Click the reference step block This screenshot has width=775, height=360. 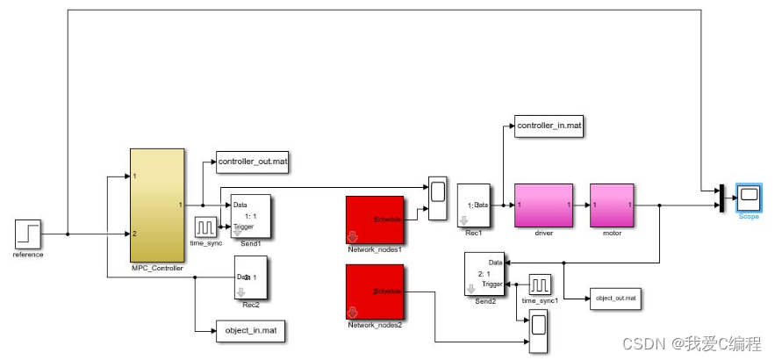pyautogui.click(x=28, y=234)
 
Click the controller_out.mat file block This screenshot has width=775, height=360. pyautogui.click(x=254, y=162)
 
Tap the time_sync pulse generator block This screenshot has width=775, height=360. pyautogui.click(x=205, y=226)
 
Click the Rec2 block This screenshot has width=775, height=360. pyautogui.click(x=250, y=277)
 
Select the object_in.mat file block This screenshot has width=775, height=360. pyautogui.click(x=250, y=331)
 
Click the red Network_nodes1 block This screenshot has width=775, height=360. pyautogui.click(x=374, y=219)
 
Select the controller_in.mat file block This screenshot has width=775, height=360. pyautogui.click(x=549, y=126)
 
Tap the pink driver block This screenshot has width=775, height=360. pyautogui.click(x=542, y=204)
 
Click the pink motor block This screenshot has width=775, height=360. pyautogui.click(x=611, y=204)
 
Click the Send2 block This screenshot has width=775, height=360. pyautogui.click(x=485, y=273)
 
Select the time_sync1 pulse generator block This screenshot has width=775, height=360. pyautogui.click(x=540, y=285)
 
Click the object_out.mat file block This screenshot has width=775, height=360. pyautogui.click(x=615, y=299)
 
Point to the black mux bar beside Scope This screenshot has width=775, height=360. pyautogui.click(x=721, y=198)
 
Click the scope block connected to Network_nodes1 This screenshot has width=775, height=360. pyautogui.click(x=437, y=191)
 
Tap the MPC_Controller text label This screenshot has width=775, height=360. pyautogui.click(x=156, y=268)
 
